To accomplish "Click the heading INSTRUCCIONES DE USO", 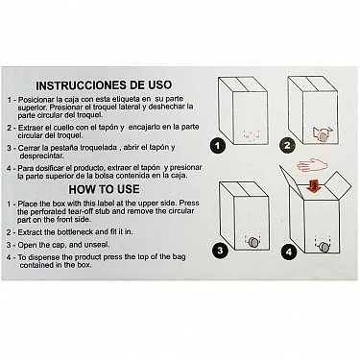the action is click(104, 85).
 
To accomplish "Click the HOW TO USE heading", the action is click(104, 189).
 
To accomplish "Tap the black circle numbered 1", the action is click(218, 146).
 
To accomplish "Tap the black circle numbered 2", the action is click(287, 146).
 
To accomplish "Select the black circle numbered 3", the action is click(220, 250).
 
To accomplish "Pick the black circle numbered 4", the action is click(289, 252).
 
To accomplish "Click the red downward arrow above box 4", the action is click(314, 186).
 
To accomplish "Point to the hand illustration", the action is click(312, 165).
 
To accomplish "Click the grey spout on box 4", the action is click(324, 247).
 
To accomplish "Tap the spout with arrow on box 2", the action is click(323, 134).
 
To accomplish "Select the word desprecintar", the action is click(41, 156).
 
